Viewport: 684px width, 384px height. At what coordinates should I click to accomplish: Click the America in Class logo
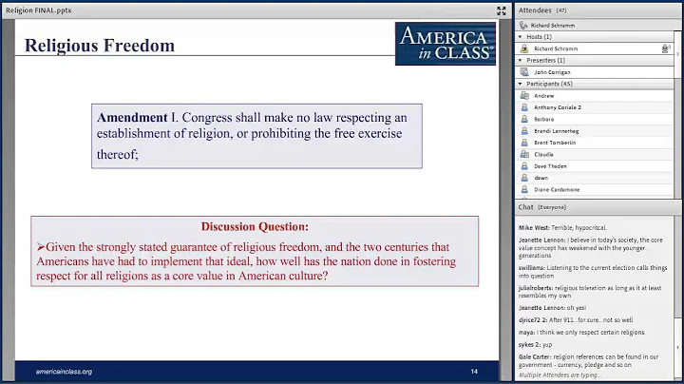pos(445,43)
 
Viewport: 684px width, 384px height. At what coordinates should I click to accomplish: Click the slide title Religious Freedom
pos(100,45)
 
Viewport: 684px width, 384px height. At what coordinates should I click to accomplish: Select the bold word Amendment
pos(132,117)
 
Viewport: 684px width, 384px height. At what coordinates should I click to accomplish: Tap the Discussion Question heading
pos(255,226)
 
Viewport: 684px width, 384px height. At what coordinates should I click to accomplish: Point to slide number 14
pos(474,370)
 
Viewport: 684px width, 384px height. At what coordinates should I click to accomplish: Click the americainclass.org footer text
pos(64,370)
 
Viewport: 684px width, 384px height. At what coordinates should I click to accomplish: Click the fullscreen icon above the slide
pos(501,10)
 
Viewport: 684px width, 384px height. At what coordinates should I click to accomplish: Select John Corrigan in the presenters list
pos(553,71)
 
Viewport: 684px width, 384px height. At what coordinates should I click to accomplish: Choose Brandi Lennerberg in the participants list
pos(556,130)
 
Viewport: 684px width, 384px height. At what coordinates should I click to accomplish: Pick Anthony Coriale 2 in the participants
pos(558,107)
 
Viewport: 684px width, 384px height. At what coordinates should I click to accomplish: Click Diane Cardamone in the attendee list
pos(557,189)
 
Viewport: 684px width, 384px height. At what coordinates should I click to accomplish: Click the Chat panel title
pos(525,206)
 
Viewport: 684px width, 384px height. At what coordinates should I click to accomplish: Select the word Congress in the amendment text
pos(208,117)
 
